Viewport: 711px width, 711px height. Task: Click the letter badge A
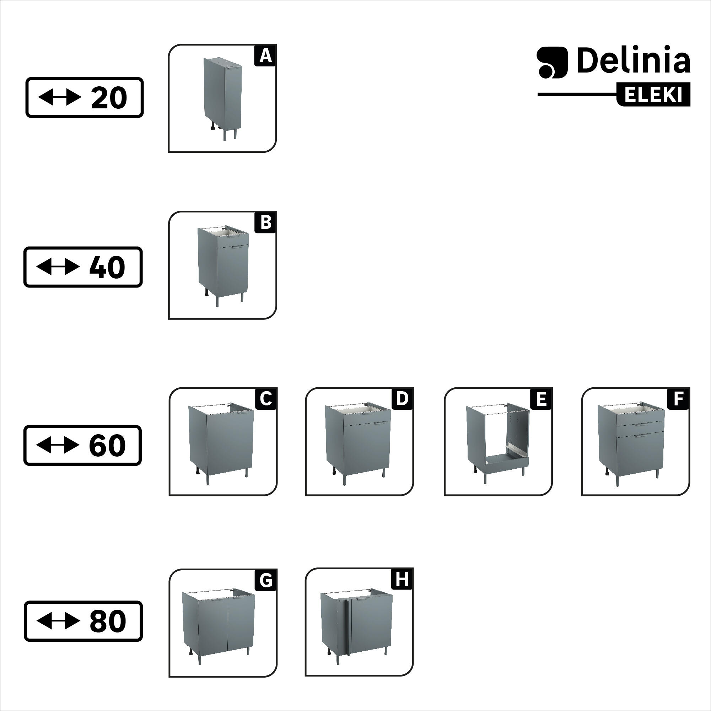265,56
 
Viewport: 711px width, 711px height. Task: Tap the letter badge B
265,223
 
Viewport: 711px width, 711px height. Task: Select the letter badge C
266,399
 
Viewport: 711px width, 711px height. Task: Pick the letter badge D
402,399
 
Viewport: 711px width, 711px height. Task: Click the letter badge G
266,580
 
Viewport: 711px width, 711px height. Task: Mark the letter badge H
402,580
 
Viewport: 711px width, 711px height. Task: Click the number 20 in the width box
109,98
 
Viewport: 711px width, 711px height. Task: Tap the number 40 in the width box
107,267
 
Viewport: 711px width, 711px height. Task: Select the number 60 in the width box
107,446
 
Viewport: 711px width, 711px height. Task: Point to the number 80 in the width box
107,621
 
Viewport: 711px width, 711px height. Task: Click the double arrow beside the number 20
59,98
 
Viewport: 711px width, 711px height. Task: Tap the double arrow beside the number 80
58,621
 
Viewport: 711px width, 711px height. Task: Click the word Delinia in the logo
633,60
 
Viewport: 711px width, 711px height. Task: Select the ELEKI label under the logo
653,95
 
